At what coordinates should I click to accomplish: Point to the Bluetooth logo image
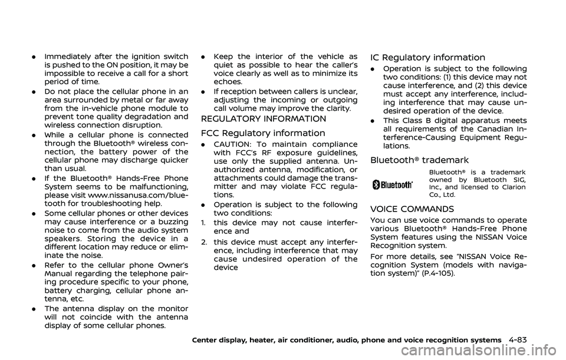click(x=393, y=184)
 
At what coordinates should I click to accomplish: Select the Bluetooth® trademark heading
click(x=419, y=160)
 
